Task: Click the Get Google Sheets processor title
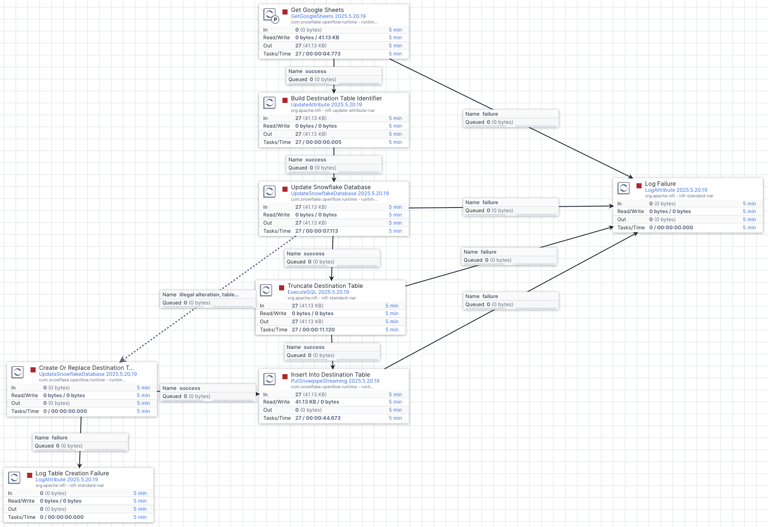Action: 317,10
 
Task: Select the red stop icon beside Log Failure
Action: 639,186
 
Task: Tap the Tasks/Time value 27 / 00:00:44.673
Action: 317,418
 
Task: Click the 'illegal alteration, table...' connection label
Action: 208,295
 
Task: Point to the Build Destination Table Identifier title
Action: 336,98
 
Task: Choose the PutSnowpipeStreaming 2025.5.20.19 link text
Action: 335,381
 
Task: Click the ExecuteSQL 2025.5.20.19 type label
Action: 318,292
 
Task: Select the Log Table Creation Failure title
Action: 72,473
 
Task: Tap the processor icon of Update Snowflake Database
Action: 269,191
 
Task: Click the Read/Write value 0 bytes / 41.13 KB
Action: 317,38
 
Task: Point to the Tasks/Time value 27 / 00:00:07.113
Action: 316,231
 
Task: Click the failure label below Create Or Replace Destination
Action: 59,438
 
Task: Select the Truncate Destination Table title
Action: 325,286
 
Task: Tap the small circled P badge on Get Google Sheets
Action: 275,19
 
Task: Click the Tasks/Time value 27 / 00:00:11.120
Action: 313,330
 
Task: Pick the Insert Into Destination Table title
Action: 330,375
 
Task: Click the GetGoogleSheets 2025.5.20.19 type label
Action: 328,16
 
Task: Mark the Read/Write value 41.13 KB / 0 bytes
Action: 317,402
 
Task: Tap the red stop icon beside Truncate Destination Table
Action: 282,288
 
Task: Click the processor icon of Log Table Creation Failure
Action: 14,477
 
